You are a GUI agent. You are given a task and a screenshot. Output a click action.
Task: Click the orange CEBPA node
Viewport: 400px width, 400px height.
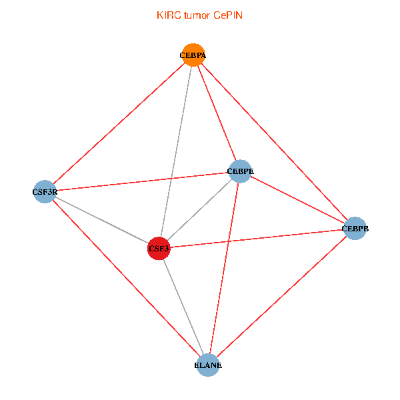[193, 55]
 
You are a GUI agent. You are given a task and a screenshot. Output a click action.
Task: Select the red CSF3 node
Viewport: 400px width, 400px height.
[159, 249]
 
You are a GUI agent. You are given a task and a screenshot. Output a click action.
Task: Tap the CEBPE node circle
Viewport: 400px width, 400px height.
[239, 171]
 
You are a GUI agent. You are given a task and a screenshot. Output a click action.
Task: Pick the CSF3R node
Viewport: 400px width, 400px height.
[45, 192]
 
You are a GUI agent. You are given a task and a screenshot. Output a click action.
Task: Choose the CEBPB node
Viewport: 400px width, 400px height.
[355, 229]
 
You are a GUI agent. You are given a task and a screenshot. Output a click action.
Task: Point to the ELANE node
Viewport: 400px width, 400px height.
[208, 365]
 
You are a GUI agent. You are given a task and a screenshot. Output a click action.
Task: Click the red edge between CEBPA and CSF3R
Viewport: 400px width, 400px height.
[119, 123]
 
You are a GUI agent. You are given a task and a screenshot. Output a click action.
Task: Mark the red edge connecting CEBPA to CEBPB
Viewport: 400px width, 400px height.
[273, 142]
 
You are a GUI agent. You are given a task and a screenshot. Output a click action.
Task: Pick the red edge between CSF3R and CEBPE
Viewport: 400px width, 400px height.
[142, 181]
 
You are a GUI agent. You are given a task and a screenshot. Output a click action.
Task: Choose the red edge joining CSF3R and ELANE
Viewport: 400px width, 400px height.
[126, 278]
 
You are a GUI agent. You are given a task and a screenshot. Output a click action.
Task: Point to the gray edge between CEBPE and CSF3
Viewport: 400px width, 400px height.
[200, 209]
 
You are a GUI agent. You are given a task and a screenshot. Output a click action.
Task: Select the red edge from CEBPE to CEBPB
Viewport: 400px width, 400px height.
[297, 200]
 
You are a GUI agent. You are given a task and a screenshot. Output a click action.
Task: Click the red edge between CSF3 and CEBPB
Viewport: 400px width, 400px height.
[257, 239]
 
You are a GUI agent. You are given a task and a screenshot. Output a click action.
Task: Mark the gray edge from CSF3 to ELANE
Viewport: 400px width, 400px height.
[183, 307]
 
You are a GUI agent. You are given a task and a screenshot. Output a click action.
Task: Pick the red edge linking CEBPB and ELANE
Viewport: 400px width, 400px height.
[281, 297]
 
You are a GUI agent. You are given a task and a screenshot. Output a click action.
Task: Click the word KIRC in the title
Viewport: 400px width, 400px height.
[167, 15]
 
